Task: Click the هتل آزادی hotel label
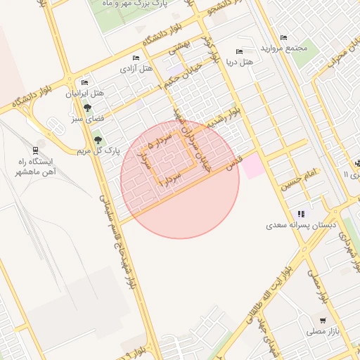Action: [136, 68]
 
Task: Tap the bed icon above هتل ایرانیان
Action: [84, 82]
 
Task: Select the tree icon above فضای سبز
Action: [87, 108]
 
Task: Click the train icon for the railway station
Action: [35, 150]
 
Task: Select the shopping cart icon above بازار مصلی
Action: [322, 320]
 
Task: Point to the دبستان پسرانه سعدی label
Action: [301, 226]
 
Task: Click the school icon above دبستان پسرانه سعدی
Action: [301, 214]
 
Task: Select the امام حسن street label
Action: [300, 180]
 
